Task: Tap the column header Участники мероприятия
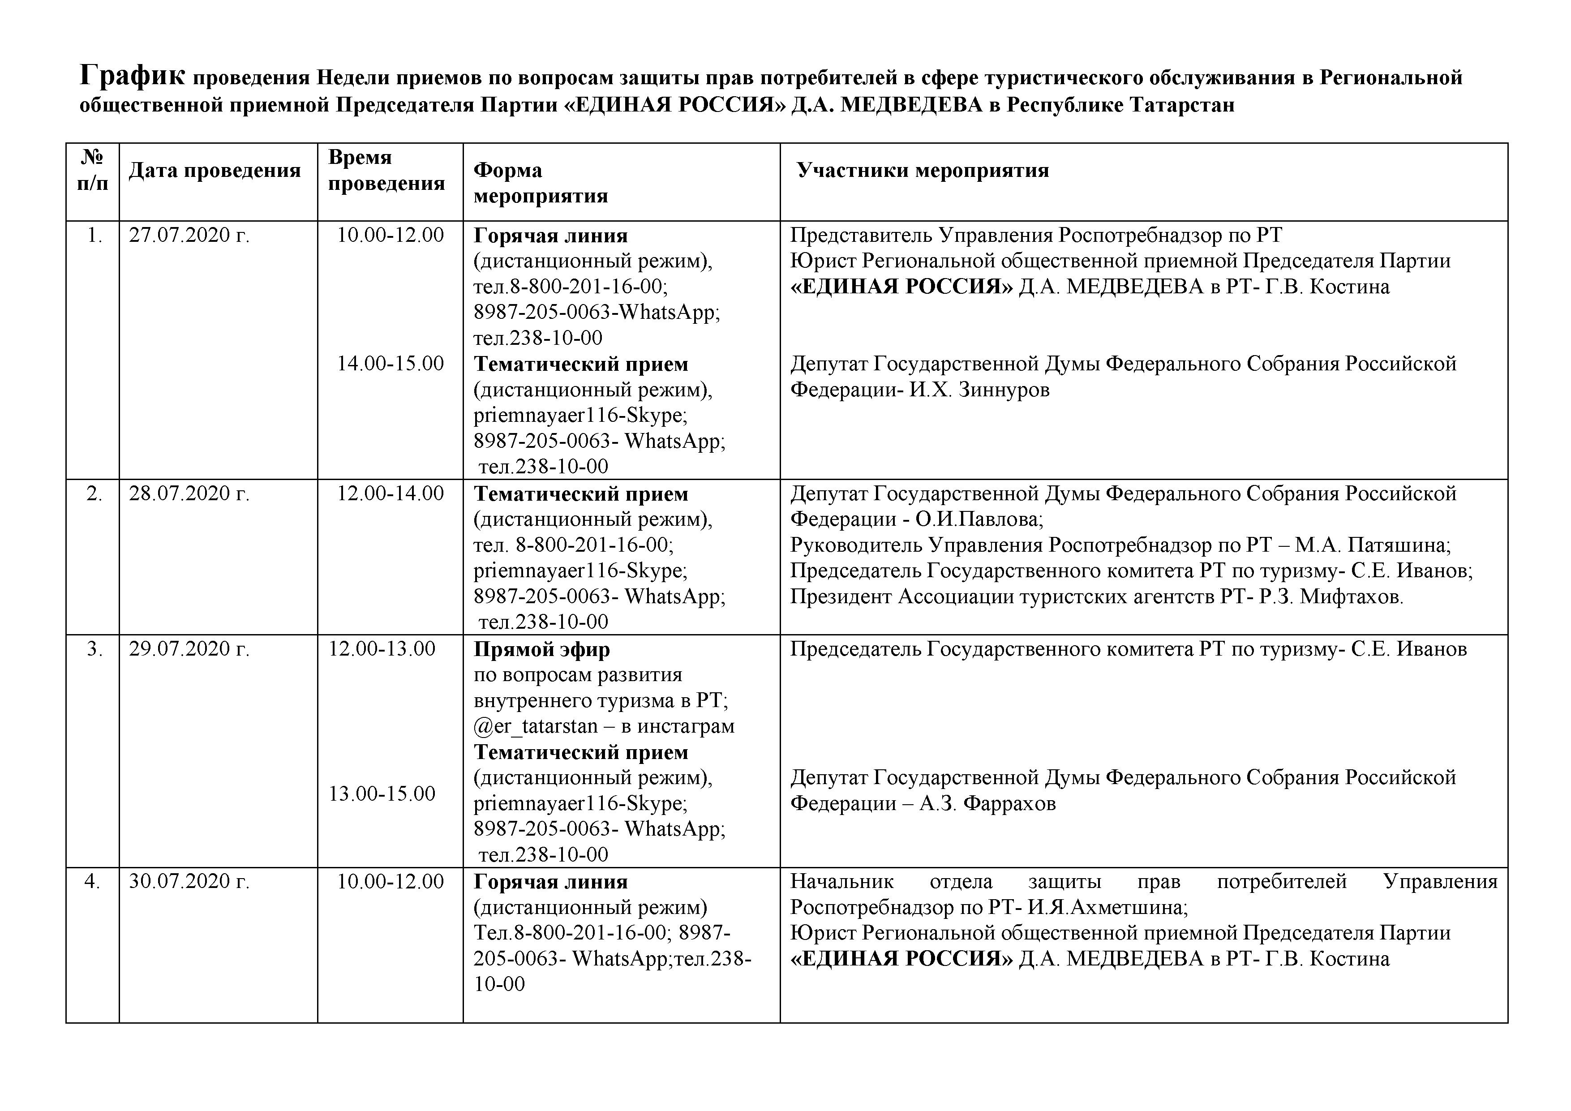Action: point(923,170)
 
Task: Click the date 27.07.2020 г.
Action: point(189,236)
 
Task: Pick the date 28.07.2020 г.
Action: point(189,493)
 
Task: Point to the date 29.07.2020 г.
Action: point(189,648)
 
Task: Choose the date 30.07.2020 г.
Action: point(189,881)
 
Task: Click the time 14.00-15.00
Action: point(390,363)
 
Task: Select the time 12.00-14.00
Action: point(390,493)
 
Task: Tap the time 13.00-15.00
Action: point(382,794)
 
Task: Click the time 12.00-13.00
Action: point(382,648)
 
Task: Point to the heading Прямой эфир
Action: point(541,649)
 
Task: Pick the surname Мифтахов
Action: point(1352,597)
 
